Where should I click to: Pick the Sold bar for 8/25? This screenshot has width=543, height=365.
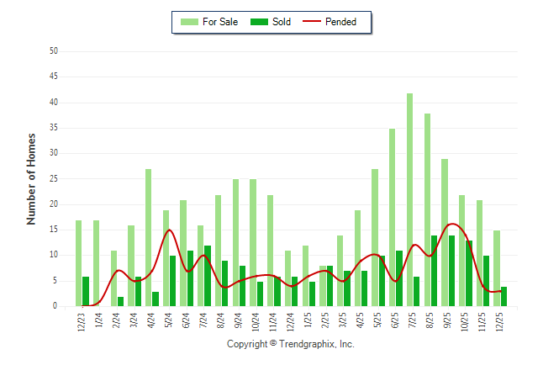[x=434, y=271]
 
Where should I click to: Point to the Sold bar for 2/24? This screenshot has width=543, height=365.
[x=120, y=301]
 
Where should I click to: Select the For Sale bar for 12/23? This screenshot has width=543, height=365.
[x=78, y=263]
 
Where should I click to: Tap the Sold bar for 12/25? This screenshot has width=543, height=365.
[x=503, y=297]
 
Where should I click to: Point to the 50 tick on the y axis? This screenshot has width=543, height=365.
[x=53, y=51]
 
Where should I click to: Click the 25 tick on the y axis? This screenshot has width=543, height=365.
[x=53, y=179]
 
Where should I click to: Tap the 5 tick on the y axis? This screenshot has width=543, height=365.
[x=55, y=281]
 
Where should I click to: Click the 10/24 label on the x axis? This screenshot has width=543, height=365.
[x=254, y=321]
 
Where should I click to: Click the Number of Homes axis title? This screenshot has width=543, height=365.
[x=31, y=178]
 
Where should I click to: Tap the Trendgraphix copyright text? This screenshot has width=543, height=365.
[x=291, y=344]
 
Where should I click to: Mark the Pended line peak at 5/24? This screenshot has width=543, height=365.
[x=169, y=230]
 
